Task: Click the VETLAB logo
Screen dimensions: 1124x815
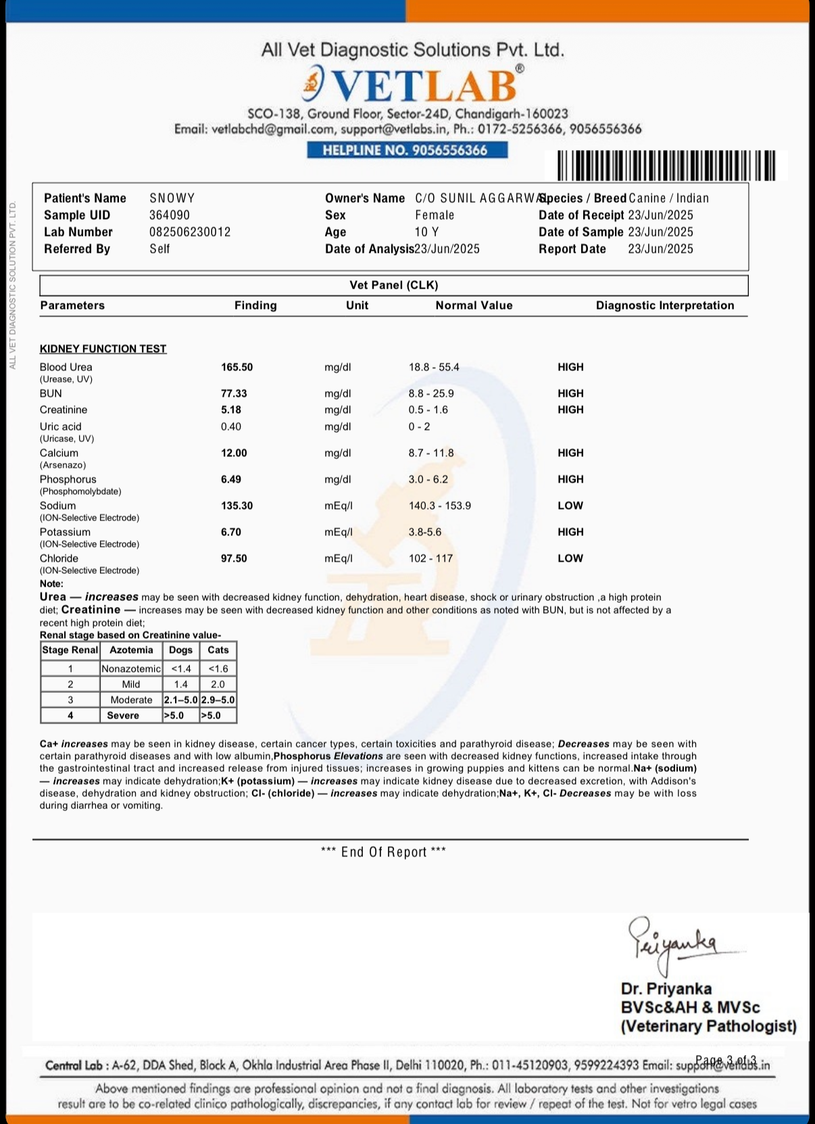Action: tap(413, 84)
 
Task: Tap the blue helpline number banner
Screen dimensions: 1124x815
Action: tap(407, 150)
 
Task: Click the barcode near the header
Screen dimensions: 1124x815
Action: tap(666, 166)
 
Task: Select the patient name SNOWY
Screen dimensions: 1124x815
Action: tap(172, 198)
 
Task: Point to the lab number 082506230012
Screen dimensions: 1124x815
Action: tap(190, 232)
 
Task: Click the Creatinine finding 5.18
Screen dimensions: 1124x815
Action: tap(231, 410)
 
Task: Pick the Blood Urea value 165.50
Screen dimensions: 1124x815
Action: tap(237, 367)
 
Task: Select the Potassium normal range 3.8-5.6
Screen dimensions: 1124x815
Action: tap(424, 532)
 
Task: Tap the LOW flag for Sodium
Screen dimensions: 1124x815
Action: tap(570, 506)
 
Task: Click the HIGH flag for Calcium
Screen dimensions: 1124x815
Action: tap(570, 453)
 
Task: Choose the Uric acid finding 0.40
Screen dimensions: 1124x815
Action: tap(231, 426)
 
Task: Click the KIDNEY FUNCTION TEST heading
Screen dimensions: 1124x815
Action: tap(103, 349)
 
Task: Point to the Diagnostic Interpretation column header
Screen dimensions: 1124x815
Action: tap(664, 306)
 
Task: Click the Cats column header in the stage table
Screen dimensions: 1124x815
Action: tap(218, 650)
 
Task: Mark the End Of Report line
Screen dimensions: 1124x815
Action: tap(383, 852)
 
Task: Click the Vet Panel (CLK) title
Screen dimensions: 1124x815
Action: tap(393, 285)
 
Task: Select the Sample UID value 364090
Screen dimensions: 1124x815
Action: tap(170, 215)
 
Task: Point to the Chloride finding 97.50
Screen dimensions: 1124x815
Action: tap(234, 558)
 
